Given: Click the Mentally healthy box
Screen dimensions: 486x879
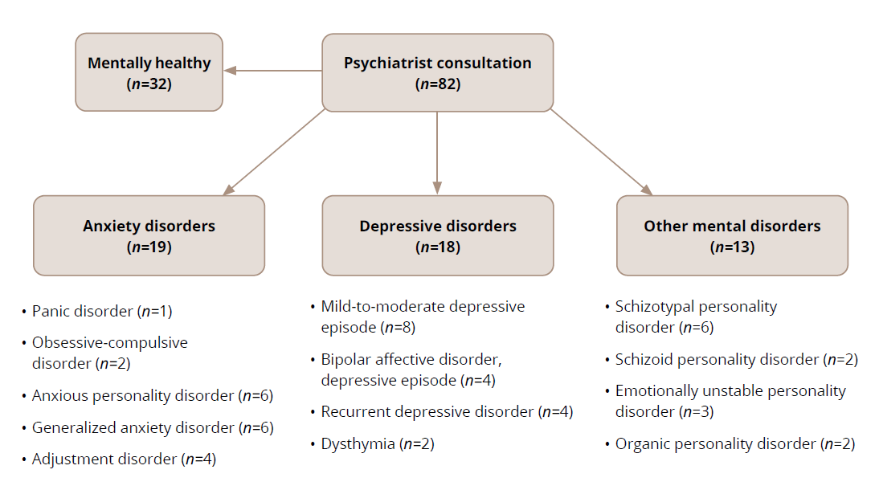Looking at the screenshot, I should coord(149,71).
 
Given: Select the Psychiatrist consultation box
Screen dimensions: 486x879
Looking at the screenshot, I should coord(437,71).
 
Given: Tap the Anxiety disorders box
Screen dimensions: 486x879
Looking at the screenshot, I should coord(149,235).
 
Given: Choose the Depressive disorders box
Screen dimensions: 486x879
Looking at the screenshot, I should coord(437,235).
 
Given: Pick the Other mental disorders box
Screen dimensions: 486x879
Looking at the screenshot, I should coord(731,235).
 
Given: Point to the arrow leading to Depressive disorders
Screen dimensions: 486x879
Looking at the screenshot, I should coord(437,153).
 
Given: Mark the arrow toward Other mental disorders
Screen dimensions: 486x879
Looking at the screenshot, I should coord(601,153).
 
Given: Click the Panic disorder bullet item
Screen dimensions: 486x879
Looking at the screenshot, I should coord(102,311).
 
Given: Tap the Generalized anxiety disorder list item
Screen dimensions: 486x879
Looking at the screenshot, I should coord(153,428).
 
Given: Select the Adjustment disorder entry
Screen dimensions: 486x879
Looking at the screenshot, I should coord(124,459).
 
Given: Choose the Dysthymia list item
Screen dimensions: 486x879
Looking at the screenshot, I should coord(377,443).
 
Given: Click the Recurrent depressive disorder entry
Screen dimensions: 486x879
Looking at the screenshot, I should coord(446,412).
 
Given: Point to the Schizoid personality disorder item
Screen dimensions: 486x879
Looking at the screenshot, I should coord(736,359).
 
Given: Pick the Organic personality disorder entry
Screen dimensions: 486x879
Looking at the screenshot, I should coord(734,443).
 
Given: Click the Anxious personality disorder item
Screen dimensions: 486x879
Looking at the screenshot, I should coord(153,396).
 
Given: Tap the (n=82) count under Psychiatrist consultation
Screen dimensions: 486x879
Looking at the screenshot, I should coord(438,84).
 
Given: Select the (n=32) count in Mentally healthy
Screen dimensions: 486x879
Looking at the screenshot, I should coord(149,84).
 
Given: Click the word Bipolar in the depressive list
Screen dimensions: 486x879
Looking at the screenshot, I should coord(344,359).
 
